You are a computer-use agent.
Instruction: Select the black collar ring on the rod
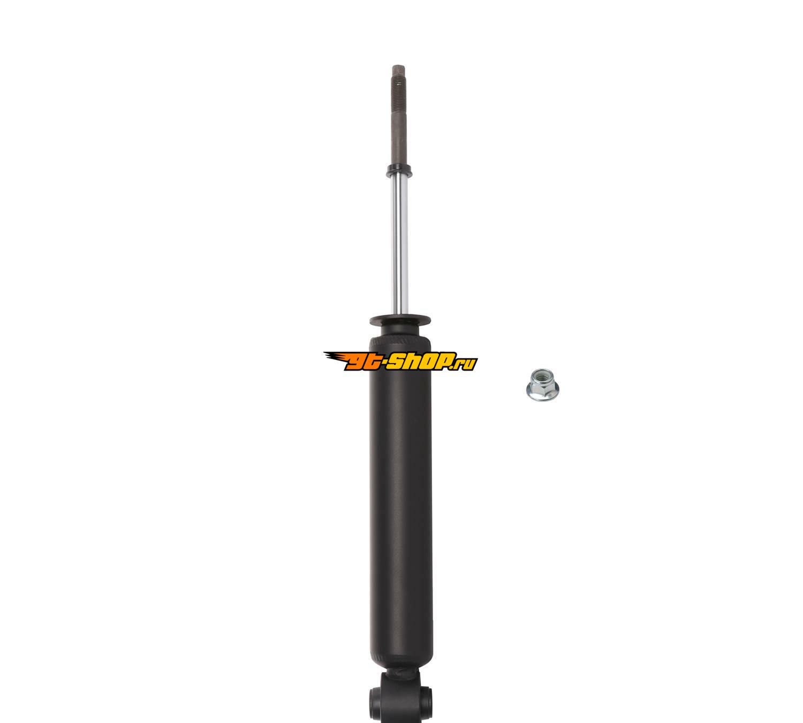[399, 171]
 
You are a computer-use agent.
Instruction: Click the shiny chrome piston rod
[399, 245]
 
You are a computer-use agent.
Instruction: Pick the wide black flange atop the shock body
[400, 320]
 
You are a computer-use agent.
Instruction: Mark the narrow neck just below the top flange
[400, 332]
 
